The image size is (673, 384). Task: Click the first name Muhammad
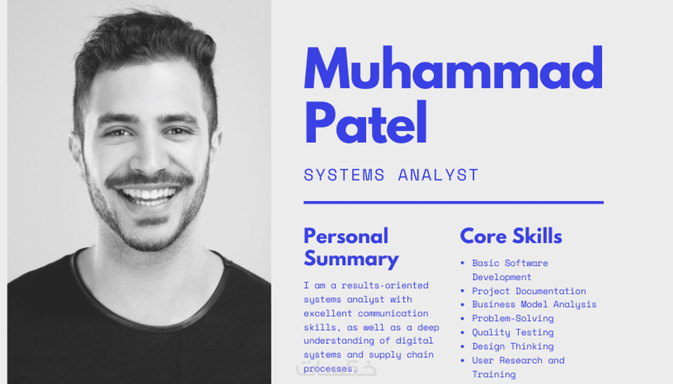[453, 68]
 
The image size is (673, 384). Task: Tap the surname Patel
[366, 122]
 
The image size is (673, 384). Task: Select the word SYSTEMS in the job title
[344, 175]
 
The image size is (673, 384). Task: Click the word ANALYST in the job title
[438, 175]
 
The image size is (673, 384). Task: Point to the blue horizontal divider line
[453, 202]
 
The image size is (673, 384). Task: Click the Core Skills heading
[511, 236]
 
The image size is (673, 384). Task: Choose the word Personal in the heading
[346, 236]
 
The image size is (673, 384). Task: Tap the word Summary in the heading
[351, 259]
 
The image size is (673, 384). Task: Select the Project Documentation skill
[529, 291]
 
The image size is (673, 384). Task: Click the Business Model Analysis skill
[534, 304]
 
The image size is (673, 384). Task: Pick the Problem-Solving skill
[513, 318]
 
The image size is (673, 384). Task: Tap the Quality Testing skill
[513, 333]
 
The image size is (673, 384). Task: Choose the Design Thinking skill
[513, 346]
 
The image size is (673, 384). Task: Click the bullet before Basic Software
[462, 263]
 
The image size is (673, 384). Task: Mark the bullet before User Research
[462, 360]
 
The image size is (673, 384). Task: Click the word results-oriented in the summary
[385, 285]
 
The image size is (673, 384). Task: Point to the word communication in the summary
[393, 314]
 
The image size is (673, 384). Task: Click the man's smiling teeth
[148, 195]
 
